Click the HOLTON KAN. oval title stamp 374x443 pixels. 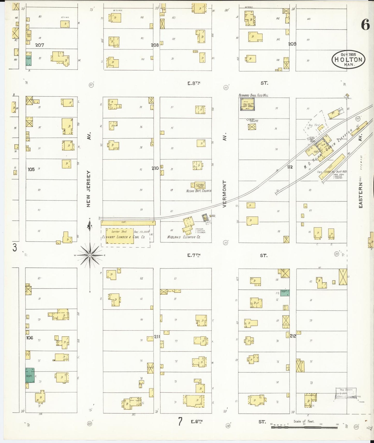[348, 59]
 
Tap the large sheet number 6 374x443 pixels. [365, 25]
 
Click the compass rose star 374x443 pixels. [90, 255]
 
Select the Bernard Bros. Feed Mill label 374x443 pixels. [253, 95]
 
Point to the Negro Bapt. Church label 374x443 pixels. [199, 191]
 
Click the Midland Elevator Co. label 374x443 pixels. [184, 237]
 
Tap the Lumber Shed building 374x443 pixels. [120, 236]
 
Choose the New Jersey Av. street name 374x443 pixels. [89, 189]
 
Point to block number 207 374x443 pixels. [40, 45]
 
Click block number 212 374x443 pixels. [293, 336]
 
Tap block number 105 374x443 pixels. [31, 170]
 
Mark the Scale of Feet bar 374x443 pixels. [304, 427]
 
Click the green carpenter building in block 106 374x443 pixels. [30, 375]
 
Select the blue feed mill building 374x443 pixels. [247, 104]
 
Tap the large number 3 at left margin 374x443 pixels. [15, 248]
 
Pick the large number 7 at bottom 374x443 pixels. [180, 422]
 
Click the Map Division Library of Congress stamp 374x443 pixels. [346, 393]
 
